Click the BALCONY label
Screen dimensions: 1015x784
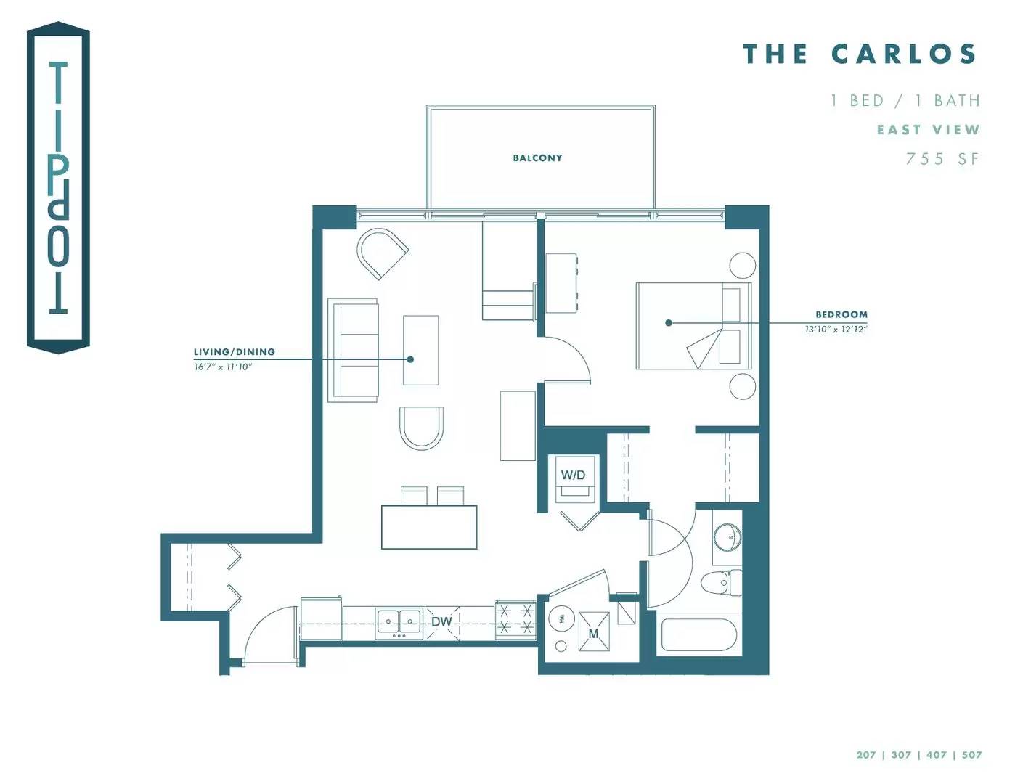(537, 158)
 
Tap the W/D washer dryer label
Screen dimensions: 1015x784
(573, 475)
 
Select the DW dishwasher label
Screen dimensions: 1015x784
(441, 621)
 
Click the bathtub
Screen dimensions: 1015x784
(698, 635)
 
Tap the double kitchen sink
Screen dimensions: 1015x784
(399, 624)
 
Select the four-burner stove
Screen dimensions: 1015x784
(515, 620)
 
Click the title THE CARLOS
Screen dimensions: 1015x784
(860, 54)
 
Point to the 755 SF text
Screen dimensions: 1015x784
(942, 159)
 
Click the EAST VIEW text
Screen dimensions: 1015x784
(928, 130)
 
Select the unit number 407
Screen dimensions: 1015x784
(936, 754)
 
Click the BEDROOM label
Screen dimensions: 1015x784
(841, 314)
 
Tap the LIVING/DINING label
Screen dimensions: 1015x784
(235, 351)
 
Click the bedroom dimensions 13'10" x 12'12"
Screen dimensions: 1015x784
(836, 329)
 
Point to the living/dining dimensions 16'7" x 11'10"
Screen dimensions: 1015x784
(223, 367)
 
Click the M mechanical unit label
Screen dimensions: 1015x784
(593, 634)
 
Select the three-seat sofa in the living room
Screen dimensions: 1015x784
(353, 350)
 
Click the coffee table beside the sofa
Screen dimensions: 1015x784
(421, 350)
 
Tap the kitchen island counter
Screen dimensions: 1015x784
(429, 527)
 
